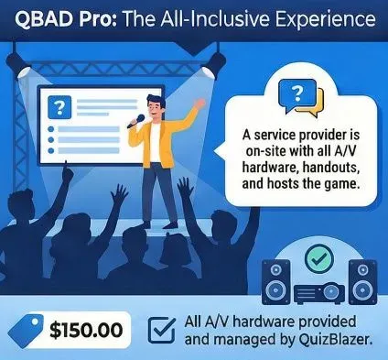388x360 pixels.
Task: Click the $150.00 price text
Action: [x=86, y=330]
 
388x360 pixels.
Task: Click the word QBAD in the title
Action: [x=40, y=19]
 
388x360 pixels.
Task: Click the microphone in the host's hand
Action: [x=135, y=121]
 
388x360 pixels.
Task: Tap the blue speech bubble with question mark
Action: [x=297, y=94]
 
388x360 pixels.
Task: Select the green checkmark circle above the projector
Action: [x=319, y=259]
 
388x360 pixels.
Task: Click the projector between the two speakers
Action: [x=319, y=293]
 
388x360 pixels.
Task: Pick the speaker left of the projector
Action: [x=276, y=282]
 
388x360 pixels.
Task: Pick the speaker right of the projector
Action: [x=362, y=282]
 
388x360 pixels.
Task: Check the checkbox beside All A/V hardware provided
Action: [x=161, y=331]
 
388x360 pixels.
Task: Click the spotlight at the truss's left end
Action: [x=20, y=66]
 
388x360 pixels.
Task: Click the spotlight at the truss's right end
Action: [x=213, y=65]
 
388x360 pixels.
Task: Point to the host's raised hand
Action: [x=199, y=103]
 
